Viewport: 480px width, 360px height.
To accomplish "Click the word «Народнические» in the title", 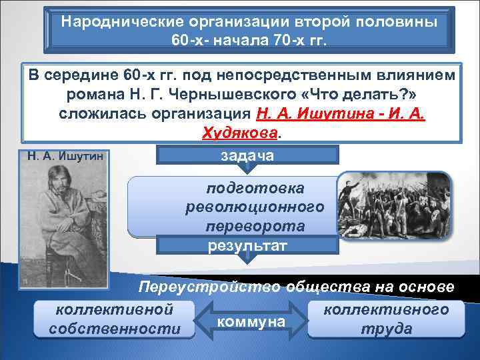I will tap(118, 20).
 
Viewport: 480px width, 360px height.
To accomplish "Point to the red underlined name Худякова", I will tap(239, 131).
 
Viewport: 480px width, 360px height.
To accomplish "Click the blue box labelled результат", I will tap(247, 246).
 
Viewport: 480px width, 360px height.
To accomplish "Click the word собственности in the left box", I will tap(115, 329).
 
